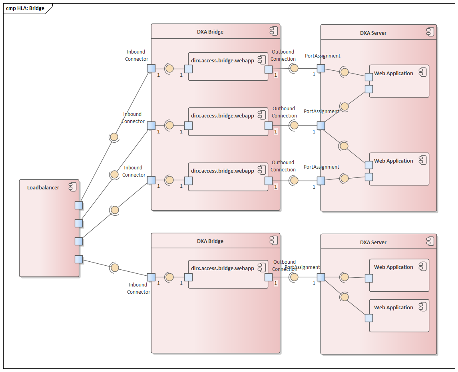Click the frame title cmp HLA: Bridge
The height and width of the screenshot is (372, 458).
[25, 8]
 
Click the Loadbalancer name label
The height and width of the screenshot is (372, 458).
[43, 188]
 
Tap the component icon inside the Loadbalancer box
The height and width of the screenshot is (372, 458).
[72, 187]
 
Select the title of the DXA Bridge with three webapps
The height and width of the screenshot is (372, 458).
[210, 32]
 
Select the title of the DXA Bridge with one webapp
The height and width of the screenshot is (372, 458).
[210, 241]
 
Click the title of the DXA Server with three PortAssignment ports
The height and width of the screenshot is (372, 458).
[373, 33]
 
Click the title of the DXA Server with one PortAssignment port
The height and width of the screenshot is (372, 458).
[373, 243]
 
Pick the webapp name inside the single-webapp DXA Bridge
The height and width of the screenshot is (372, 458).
[223, 269]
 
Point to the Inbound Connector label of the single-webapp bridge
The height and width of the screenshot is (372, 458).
[138, 288]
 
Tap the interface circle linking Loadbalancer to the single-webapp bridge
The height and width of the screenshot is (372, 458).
[115, 267]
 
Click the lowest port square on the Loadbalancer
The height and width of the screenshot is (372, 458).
[79, 259]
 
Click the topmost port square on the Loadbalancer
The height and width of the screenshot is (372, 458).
[79, 205]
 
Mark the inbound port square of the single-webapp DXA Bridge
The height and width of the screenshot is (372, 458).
[151, 277]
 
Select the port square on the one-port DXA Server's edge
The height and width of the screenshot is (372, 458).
[321, 277]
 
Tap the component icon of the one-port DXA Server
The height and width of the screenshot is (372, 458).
[430, 241]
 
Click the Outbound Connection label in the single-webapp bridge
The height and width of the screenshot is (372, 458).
[284, 266]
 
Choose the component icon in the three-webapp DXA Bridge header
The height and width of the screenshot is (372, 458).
[273, 31]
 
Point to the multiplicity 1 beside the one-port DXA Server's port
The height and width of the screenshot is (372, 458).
[314, 283]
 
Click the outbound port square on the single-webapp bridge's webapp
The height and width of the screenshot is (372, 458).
[268, 277]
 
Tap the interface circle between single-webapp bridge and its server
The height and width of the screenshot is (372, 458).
[294, 277]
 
